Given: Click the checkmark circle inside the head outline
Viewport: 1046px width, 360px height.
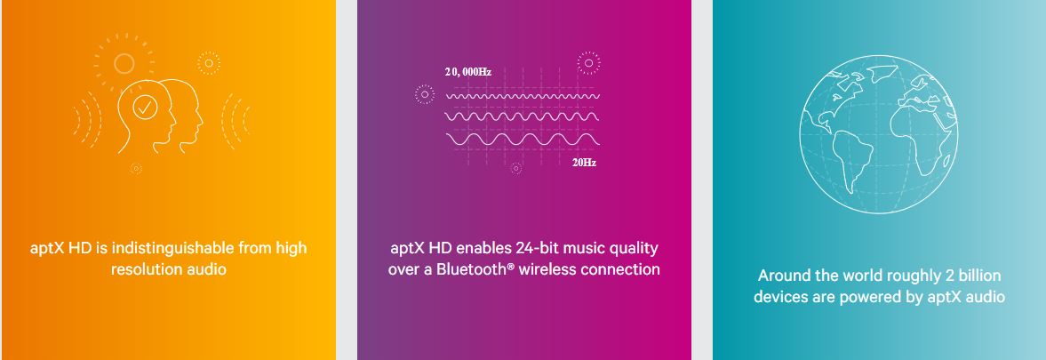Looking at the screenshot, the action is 145,107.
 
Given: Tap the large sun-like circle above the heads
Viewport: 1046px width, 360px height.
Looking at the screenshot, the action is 124,63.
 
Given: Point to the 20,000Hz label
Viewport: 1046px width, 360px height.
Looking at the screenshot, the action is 468,72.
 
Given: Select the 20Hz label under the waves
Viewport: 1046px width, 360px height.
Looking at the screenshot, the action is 584,163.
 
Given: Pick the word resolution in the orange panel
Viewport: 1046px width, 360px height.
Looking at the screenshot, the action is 146,269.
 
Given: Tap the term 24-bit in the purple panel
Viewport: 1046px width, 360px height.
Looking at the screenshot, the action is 535,248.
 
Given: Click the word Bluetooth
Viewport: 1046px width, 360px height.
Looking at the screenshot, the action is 472,269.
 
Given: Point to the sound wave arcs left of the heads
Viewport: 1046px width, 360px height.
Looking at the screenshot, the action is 87,120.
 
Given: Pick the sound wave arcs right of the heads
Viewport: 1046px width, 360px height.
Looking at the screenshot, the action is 236,121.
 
